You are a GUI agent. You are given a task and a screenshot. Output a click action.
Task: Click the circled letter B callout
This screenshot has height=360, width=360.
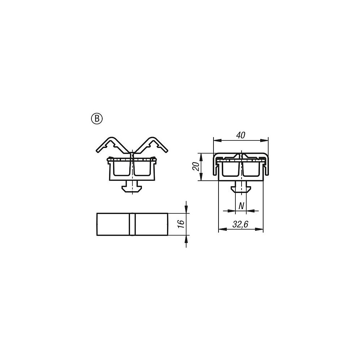[97, 119]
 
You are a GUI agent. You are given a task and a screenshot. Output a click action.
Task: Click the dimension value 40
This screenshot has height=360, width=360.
[240, 135]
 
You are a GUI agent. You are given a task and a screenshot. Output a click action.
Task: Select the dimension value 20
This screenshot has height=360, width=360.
[195, 166]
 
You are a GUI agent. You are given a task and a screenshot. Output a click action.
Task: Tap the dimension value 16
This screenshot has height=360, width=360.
[181, 224]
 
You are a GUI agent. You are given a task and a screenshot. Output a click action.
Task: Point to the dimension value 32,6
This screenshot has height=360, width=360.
[240, 224]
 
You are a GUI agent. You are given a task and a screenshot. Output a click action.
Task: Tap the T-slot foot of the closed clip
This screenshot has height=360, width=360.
[241, 186]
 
